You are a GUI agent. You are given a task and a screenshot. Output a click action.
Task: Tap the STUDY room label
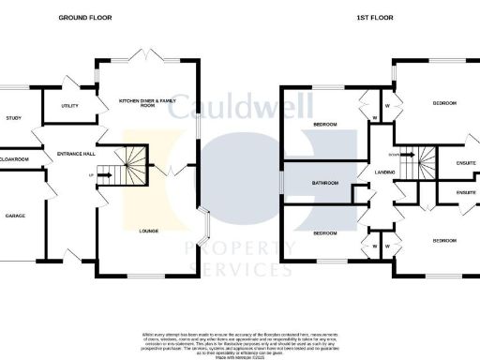[x=13, y=118]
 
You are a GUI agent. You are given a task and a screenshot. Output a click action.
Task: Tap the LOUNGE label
[x=148, y=231]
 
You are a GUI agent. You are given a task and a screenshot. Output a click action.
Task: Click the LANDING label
[x=384, y=172]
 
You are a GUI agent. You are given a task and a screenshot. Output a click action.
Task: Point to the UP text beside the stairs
[x=91, y=175]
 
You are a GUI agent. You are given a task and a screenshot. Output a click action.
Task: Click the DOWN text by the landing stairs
[x=395, y=154]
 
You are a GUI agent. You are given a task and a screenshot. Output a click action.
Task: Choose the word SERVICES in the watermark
[x=240, y=270]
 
